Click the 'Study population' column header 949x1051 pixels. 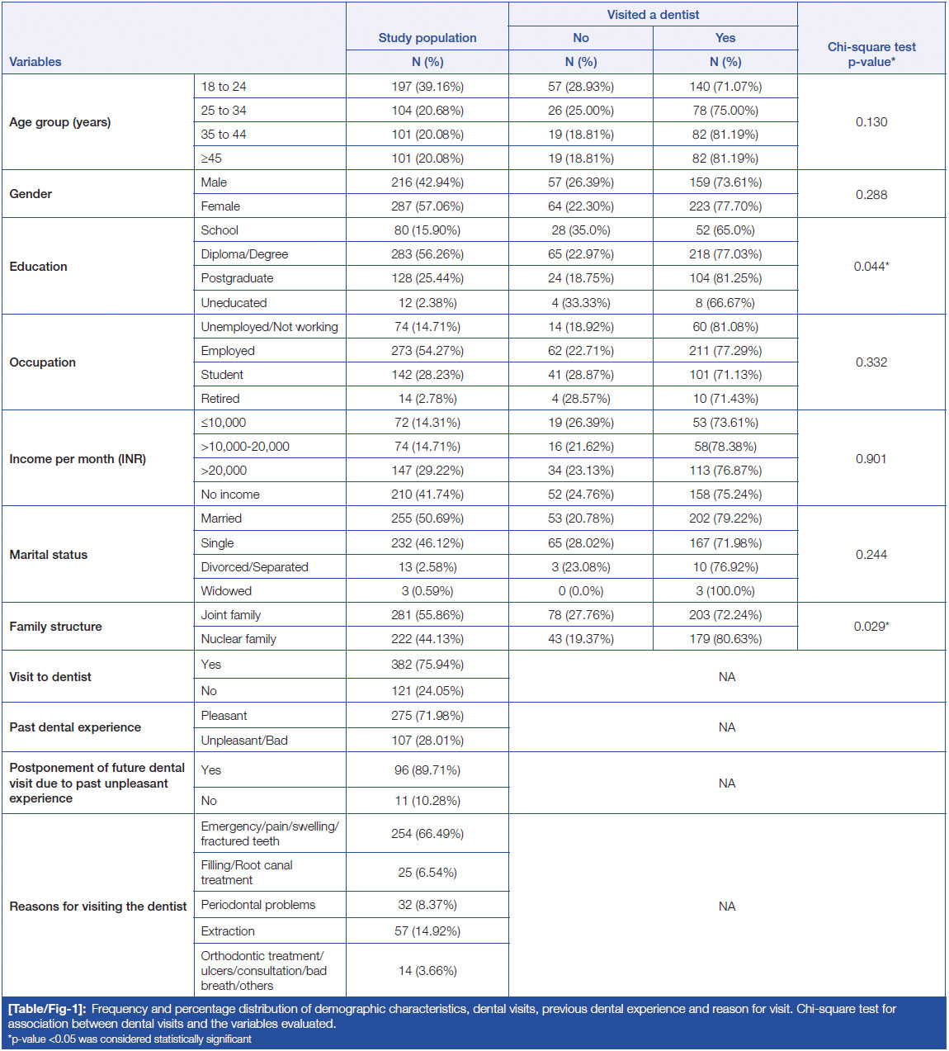coord(427,38)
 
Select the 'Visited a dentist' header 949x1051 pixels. coord(653,15)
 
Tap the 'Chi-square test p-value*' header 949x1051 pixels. coord(871,54)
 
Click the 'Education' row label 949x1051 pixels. coord(39,267)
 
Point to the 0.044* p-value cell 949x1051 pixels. coord(871,267)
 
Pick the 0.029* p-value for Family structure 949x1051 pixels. coord(871,627)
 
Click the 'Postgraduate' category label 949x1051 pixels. coord(237,278)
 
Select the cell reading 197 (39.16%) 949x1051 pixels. coord(427,87)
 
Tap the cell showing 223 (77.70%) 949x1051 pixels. coord(725,206)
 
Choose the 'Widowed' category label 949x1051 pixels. coord(226,591)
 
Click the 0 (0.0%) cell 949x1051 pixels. coord(581,591)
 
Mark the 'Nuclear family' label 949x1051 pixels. coord(238,639)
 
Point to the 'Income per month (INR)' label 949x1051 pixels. coord(78,459)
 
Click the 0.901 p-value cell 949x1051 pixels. coord(871,459)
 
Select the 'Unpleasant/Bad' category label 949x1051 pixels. coord(244,741)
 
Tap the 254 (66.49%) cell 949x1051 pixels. coord(427,834)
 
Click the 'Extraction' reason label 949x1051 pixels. coord(228,931)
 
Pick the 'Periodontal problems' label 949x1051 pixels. coord(258,905)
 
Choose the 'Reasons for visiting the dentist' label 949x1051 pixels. coord(98,907)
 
